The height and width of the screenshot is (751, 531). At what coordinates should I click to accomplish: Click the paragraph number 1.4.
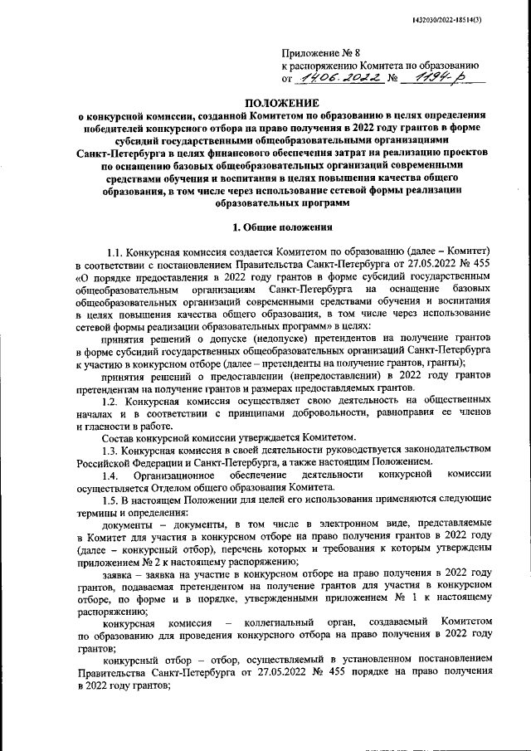(110, 475)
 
